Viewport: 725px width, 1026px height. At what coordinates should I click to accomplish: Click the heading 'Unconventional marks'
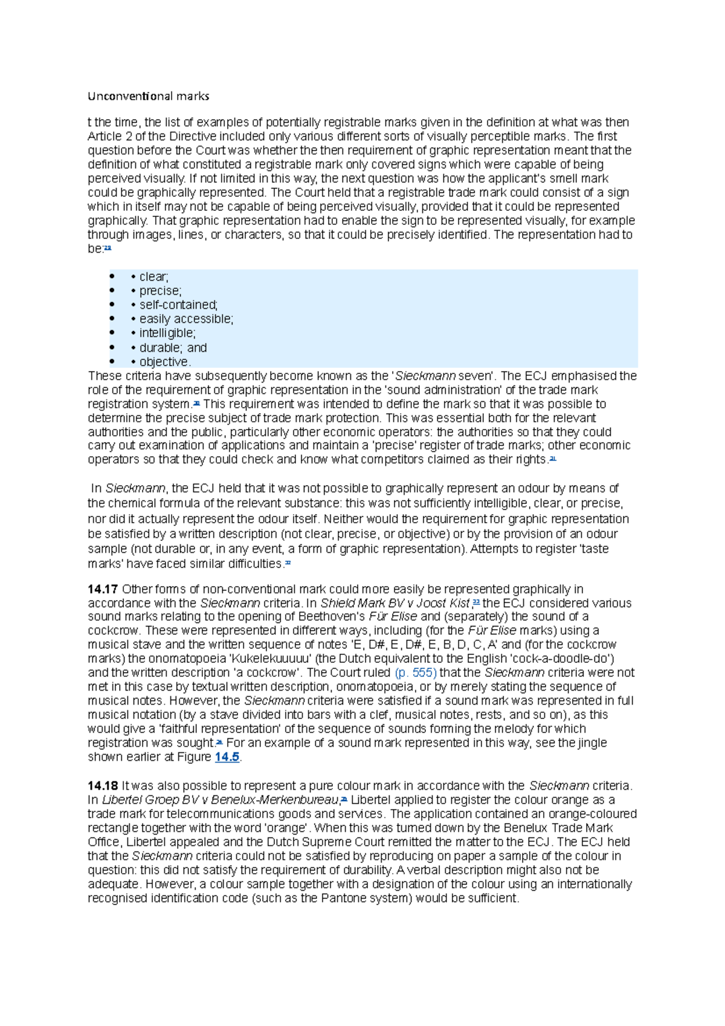click(149, 96)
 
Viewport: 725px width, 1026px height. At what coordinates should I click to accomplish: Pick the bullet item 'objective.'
click(165, 362)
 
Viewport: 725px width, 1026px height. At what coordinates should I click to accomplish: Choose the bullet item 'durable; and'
click(173, 348)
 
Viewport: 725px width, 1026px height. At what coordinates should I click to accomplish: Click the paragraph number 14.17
click(103, 589)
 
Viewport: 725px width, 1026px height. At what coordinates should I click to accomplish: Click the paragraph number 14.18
click(103, 786)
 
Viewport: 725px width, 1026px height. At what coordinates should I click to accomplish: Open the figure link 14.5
click(227, 757)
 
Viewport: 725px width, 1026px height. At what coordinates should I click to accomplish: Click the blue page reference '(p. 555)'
click(415, 673)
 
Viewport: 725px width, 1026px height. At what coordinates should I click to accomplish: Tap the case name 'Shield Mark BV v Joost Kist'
click(395, 603)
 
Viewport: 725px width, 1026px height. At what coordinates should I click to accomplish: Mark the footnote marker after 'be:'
click(108, 248)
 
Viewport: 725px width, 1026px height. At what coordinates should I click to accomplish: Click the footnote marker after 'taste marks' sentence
click(288, 563)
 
